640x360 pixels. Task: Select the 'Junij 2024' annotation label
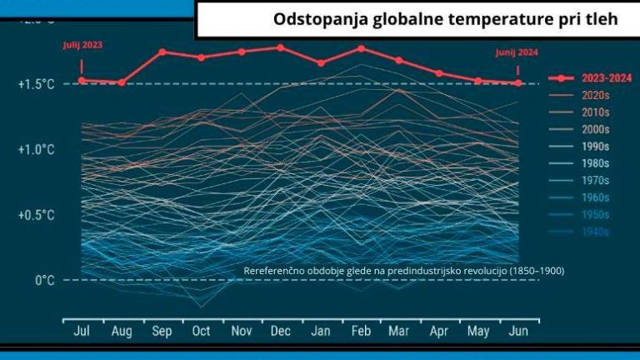click(x=517, y=52)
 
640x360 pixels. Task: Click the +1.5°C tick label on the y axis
click(x=37, y=84)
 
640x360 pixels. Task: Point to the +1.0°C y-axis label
click(x=37, y=149)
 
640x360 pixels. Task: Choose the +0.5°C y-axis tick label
click(x=37, y=214)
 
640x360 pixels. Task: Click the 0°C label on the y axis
click(x=45, y=280)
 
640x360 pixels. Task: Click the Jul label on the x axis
click(x=82, y=331)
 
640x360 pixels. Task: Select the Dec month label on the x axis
click(x=281, y=331)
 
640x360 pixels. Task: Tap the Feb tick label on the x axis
click(x=361, y=331)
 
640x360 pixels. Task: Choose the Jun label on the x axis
click(x=518, y=331)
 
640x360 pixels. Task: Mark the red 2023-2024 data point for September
click(x=162, y=52)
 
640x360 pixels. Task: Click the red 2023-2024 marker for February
click(x=362, y=48)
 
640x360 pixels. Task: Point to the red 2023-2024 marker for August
click(x=122, y=82)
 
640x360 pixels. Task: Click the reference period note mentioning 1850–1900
click(x=404, y=271)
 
